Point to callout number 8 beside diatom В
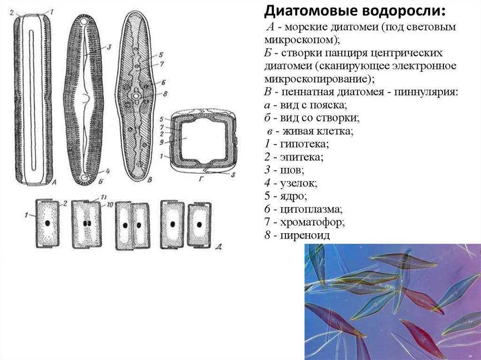[165, 93]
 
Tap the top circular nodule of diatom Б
[85, 22]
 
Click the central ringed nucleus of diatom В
[136, 96]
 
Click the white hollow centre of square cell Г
[203, 139]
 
